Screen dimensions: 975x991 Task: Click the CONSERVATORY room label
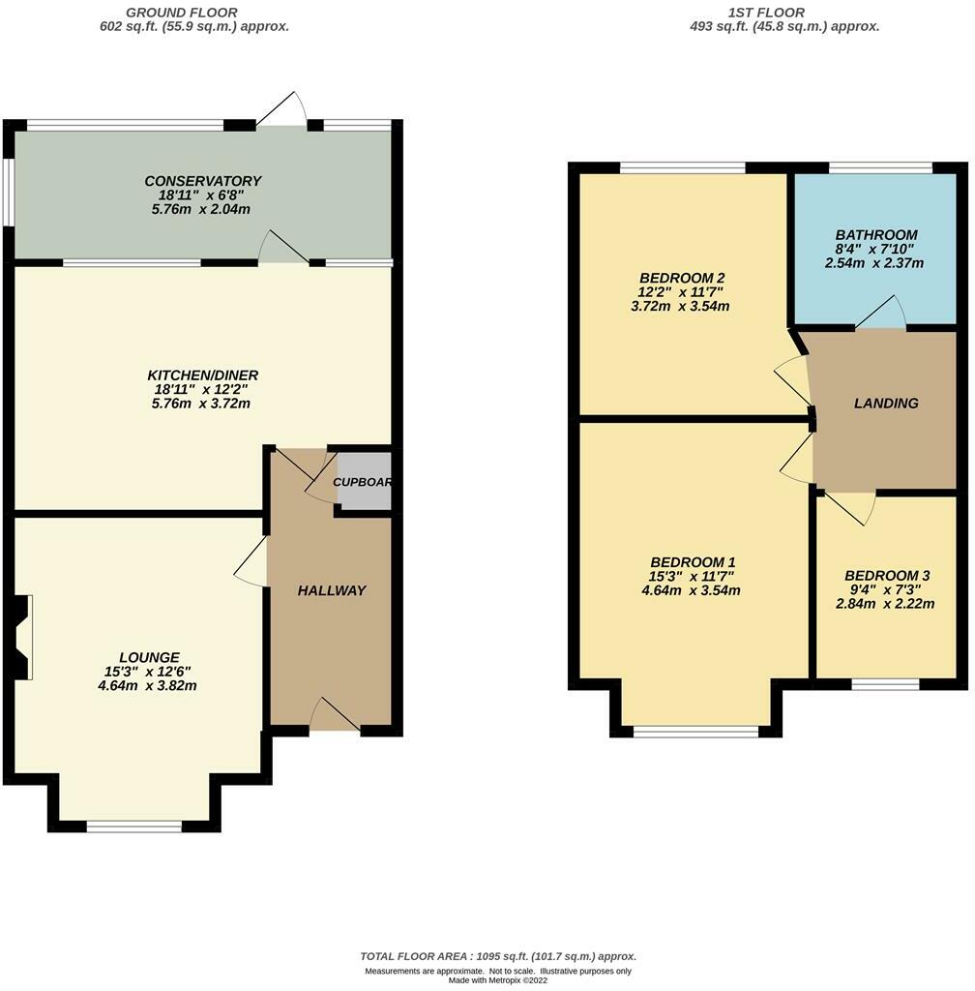pos(203,181)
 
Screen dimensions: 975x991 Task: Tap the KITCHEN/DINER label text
pos(203,375)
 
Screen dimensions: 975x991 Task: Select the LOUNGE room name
pos(150,657)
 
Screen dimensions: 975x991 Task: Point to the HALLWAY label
pos(332,590)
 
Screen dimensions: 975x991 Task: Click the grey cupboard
pos(364,481)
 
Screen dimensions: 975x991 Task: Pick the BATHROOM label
pos(876,234)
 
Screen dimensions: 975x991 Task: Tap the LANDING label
pos(886,404)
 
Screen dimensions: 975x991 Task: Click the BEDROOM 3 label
pos(887,576)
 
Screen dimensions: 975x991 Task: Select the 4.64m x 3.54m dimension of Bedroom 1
pos(691,591)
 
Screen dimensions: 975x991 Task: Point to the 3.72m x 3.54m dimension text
pos(680,307)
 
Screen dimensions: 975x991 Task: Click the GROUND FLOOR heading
pos(182,12)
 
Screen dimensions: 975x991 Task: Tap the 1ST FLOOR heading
pos(766,12)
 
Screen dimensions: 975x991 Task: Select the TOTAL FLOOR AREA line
pos(498,956)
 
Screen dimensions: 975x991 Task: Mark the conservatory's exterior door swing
pos(282,108)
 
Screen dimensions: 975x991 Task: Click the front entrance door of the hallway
pos(335,715)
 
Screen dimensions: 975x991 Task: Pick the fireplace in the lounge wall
pos(21,637)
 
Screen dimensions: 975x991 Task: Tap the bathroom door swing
pos(881,313)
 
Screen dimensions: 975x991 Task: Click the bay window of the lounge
pos(133,826)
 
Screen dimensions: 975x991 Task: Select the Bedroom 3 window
pos(885,684)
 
